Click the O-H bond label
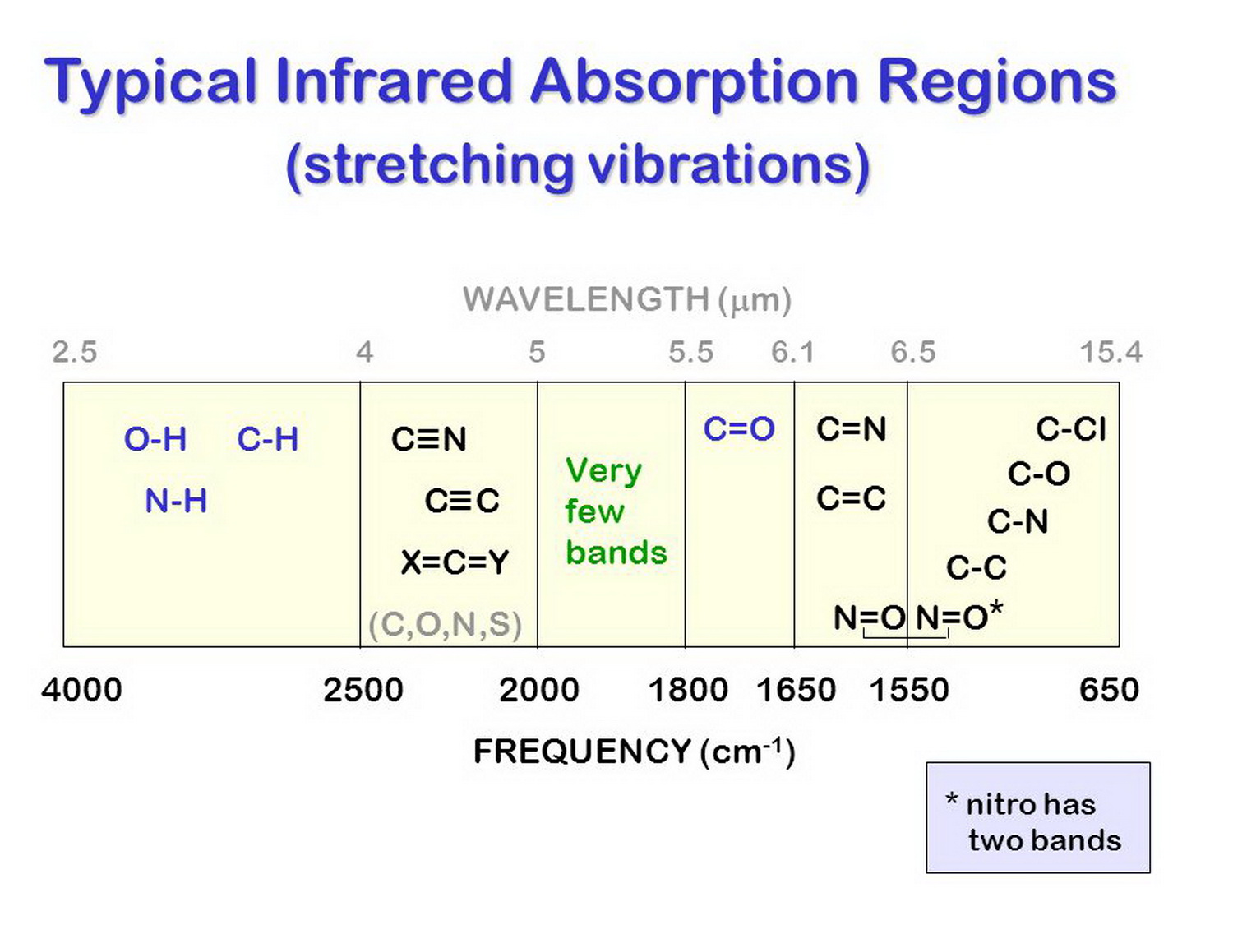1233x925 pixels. tap(155, 440)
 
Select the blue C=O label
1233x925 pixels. tap(739, 429)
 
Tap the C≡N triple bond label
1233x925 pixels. tap(429, 440)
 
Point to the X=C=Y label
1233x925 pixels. tap(455, 563)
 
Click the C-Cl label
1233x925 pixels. tap(1071, 429)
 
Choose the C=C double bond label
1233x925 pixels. tap(851, 498)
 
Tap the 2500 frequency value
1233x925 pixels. tap(363, 690)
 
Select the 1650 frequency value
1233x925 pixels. tap(796, 690)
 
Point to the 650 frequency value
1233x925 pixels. tap(1109, 690)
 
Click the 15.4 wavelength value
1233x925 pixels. tap(1111, 353)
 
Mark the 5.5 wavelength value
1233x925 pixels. tap(690, 353)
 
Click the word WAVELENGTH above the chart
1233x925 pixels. tap(585, 299)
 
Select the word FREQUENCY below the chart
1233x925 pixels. tap(582, 752)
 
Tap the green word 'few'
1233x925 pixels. tap(594, 511)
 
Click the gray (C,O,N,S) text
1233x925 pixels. tap(445, 625)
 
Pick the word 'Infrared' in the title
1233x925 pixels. tap(394, 82)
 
